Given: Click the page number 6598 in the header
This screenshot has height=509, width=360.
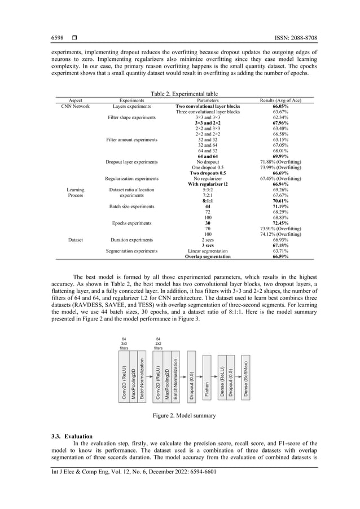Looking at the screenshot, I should coord(59,38).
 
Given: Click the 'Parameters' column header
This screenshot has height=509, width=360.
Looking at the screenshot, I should coord(208,100).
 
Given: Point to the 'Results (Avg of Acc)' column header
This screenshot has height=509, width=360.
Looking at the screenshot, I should coord(280,100).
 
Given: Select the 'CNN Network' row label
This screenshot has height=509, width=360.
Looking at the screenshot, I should coord(76,106).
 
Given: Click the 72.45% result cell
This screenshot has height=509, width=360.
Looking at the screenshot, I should coord(280,223).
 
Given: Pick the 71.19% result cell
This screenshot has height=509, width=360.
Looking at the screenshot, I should coord(280,207).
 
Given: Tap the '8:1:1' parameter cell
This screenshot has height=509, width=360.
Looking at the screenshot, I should coord(208,200).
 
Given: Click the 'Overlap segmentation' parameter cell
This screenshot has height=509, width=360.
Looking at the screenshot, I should coord(208,256).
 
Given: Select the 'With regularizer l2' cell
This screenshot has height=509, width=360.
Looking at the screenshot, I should coord(208,184).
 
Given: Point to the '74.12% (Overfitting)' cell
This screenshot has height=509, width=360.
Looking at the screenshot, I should coord(280,234).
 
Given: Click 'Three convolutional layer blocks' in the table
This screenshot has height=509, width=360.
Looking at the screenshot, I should coord(208,112).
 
